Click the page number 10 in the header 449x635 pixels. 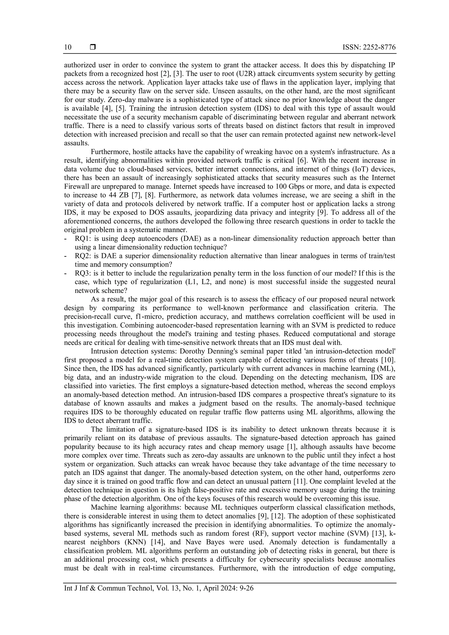(x=68, y=47)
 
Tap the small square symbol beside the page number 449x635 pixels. (x=93, y=47)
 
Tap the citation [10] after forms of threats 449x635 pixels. (x=388, y=360)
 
